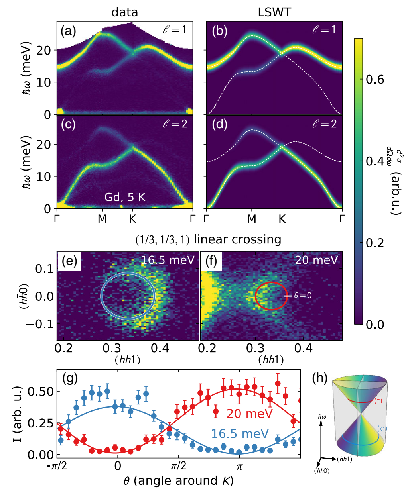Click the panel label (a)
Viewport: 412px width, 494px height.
tap(68, 31)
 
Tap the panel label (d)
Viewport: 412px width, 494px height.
tap(220, 124)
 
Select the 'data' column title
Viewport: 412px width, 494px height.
tap(125, 12)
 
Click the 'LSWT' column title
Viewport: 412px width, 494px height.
tap(274, 12)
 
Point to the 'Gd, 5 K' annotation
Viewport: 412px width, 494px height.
tap(125, 197)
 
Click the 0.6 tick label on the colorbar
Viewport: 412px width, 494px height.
tap(375, 79)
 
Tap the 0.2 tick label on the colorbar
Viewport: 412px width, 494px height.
tap(375, 243)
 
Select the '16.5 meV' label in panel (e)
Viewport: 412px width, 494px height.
tap(168, 260)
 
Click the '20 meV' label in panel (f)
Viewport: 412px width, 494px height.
tap(316, 260)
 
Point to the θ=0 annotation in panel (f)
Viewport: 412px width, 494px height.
tap(303, 296)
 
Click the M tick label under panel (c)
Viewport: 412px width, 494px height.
tap(102, 219)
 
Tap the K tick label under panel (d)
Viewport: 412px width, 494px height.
tap(282, 219)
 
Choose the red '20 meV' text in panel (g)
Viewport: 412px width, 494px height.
tap(249, 414)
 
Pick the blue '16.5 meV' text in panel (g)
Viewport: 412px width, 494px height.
tap(240, 434)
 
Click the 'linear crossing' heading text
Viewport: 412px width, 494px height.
tap(237, 239)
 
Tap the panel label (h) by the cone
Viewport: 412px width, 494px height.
tap(320, 378)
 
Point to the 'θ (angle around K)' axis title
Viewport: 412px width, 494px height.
tap(179, 481)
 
